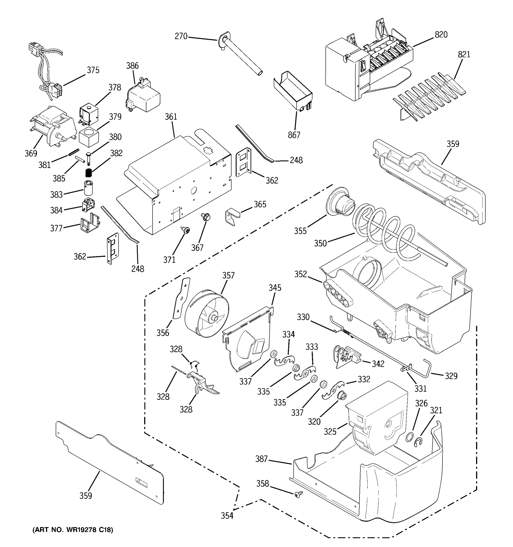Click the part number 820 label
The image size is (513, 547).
pos(441,35)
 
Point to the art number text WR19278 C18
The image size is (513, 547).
pos(73,530)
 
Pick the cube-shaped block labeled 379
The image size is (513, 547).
pos(89,138)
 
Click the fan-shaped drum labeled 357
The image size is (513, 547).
pos(206,313)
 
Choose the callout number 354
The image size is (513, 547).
pos(227,515)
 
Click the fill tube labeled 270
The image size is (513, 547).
pos(239,55)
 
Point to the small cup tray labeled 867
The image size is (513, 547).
pos(293,91)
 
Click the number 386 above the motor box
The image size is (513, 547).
pos(132,66)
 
